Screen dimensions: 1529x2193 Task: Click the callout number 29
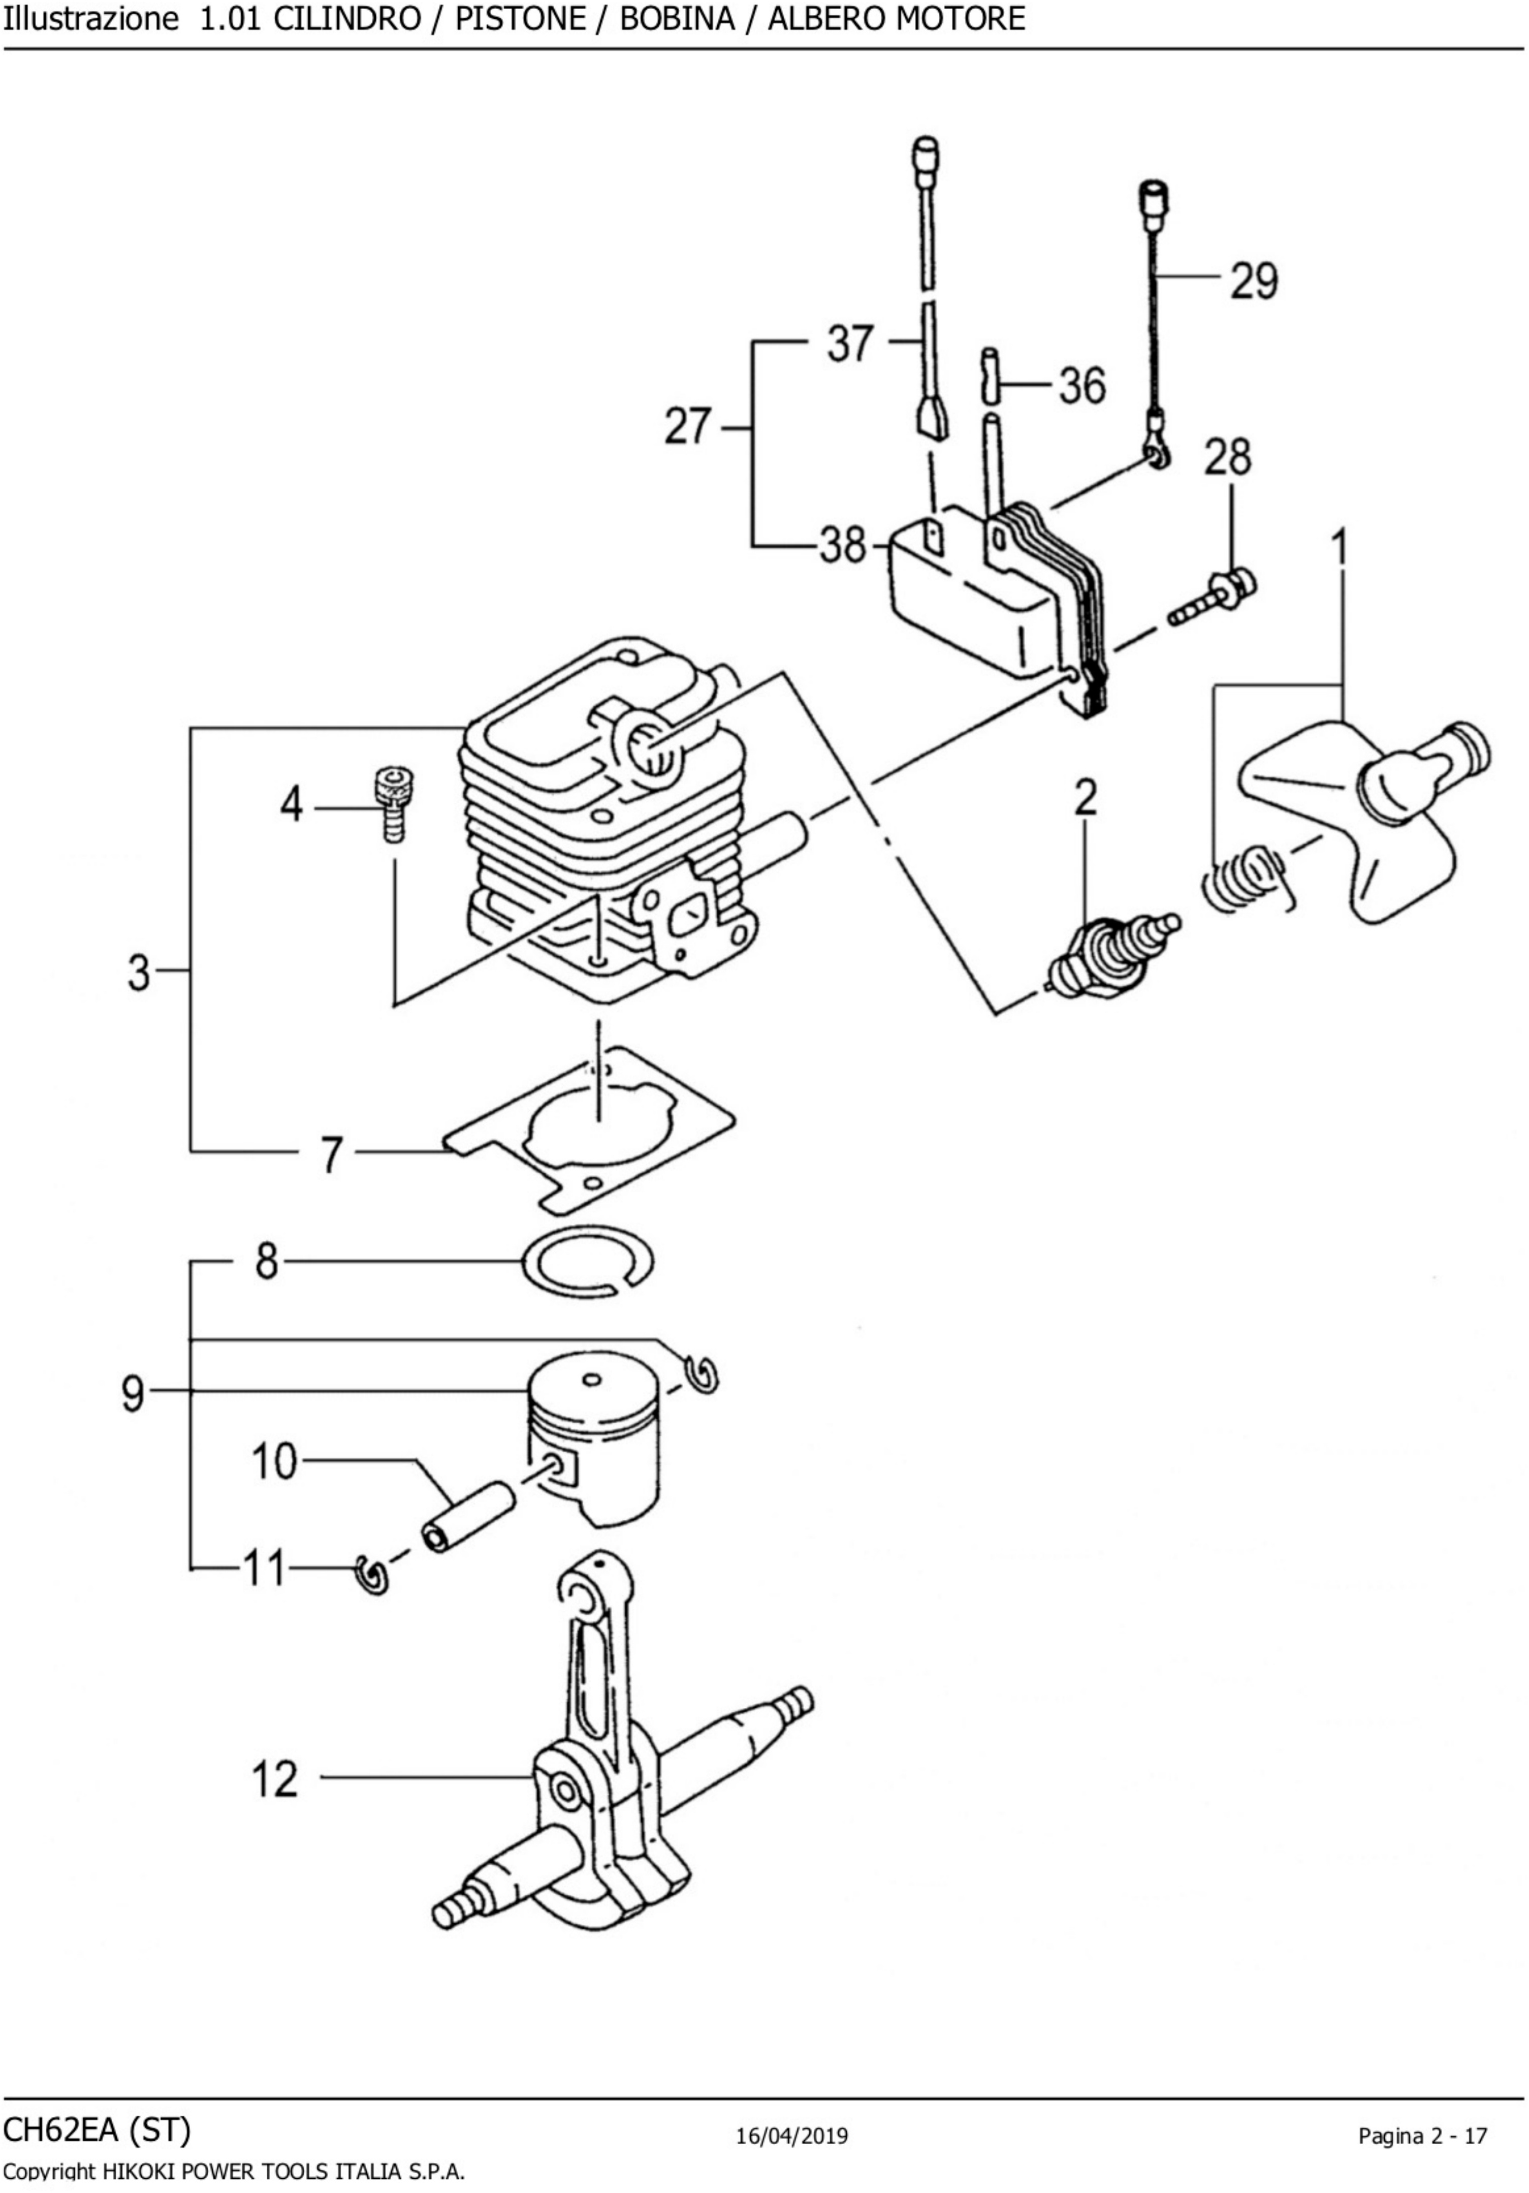pos(1253,281)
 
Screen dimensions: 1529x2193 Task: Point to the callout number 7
pos(331,1154)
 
